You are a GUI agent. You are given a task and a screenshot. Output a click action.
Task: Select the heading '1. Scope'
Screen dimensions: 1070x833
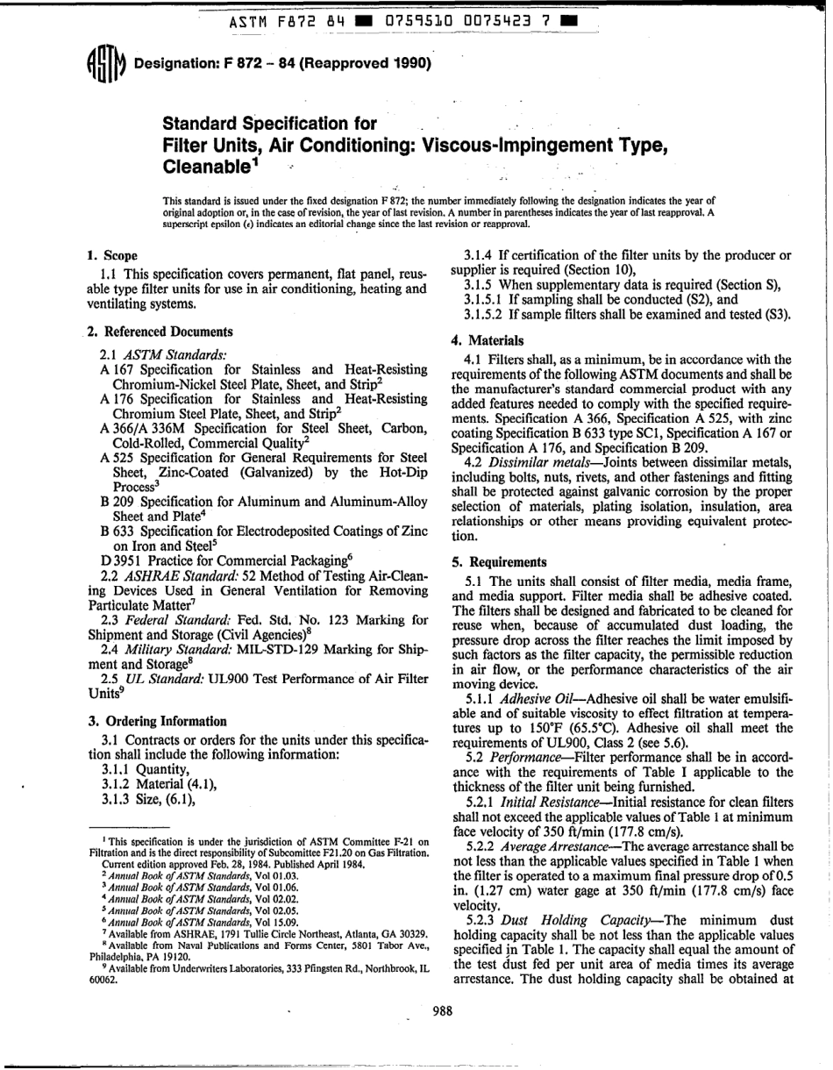point(113,256)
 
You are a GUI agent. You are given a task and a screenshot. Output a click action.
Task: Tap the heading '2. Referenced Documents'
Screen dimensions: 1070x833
point(160,332)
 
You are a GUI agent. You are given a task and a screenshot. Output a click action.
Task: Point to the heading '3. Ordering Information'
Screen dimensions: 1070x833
point(158,722)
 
